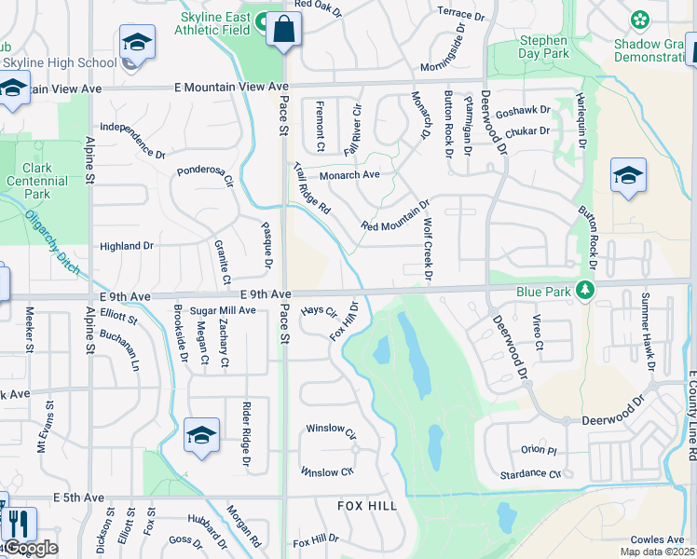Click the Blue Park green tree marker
click(x=585, y=291)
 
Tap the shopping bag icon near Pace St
click(x=282, y=31)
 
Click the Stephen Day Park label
click(x=543, y=47)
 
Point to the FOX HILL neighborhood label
click(x=367, y=506)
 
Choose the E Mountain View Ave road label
click(x=232, y=87)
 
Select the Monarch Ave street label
click(x=349, y=174)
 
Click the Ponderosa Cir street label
click(x=205, y=176)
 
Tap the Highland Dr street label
click(x=127, y=246)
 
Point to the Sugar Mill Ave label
click(x=223, y=309)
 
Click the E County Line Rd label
click(x=691, y=416)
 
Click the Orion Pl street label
click(x=538, y=449)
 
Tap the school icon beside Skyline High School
click(x=137, y=43)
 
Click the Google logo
click(x=31, y=548)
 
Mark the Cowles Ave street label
click(x=657, y=539)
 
